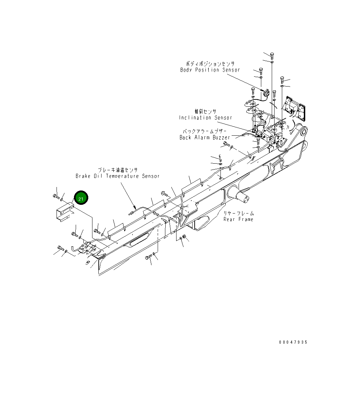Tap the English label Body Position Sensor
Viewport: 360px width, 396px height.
click(x=210, y=70)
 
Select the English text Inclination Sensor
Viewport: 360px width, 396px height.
click(x=205, y=118)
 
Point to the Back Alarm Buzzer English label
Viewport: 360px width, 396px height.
click(x=205, y=137)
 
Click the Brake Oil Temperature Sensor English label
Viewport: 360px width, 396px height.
click(x=118, y=176)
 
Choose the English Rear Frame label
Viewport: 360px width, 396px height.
click(x=238, y=219)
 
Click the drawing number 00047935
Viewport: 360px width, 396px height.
click(x=293, y=342)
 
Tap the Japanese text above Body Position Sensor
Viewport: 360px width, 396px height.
click(x=210, y=63)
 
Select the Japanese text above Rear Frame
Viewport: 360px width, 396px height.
click(x=239, y=214)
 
